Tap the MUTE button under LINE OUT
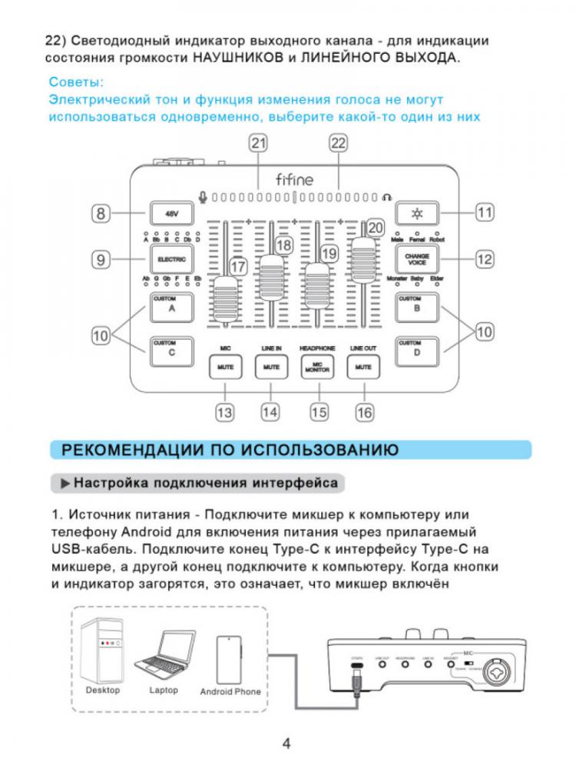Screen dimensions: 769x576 coord(362,368)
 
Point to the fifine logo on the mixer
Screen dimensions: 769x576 coord(293,179)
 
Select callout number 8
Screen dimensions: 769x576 coord(101,213)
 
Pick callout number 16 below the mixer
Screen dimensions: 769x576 coord(364,412)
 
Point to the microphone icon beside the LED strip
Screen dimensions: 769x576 coord(203,197)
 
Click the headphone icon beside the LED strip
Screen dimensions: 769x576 coord(387,197)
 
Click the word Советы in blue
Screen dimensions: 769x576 coord(75,82)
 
